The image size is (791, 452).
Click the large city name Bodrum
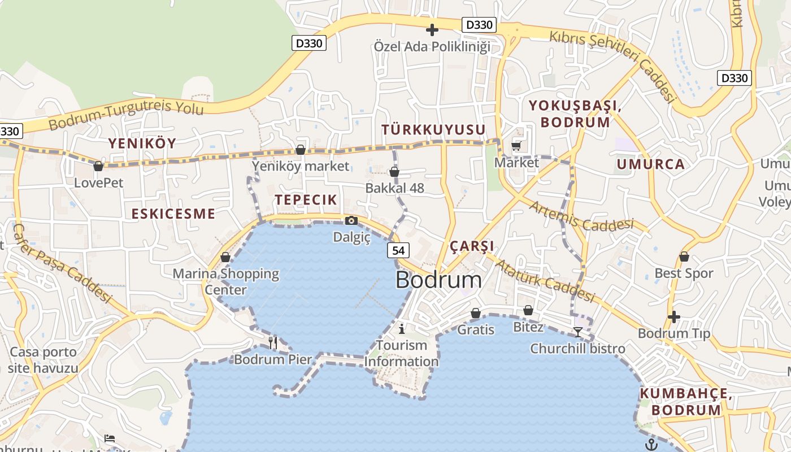438,280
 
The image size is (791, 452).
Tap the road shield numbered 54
398,250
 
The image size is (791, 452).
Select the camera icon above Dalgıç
351,220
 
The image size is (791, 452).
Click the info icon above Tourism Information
402,328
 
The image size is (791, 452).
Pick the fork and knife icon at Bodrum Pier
273,342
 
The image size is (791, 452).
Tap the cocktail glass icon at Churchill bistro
577,332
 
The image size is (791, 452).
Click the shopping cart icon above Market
516,146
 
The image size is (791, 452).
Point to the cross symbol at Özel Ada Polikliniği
432,29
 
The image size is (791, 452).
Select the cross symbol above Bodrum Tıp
673,316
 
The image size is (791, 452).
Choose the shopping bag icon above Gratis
476,313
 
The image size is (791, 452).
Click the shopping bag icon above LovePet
98,166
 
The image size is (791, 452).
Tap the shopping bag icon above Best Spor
684,257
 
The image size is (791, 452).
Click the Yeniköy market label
301,166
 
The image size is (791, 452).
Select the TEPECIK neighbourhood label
306,199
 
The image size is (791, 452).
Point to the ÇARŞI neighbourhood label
472,246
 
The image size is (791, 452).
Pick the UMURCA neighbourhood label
650,164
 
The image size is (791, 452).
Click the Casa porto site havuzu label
43,360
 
